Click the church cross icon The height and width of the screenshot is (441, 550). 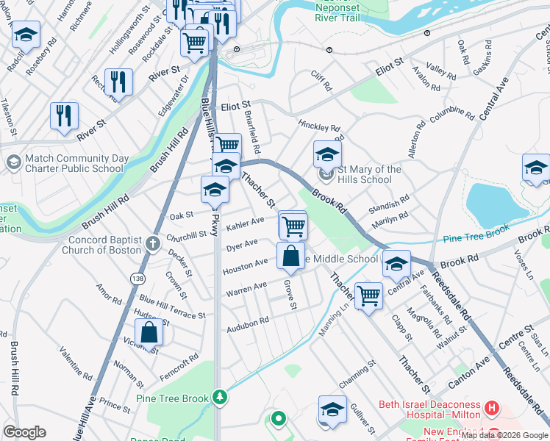152,244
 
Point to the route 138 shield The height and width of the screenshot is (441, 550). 137,279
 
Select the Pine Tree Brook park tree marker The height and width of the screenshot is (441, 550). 219,398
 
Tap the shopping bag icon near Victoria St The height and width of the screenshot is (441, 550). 149,332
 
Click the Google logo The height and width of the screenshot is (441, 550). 24,432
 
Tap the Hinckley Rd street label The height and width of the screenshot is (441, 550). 319,126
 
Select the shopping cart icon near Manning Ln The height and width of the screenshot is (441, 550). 368,295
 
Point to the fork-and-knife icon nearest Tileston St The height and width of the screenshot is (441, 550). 64,115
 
